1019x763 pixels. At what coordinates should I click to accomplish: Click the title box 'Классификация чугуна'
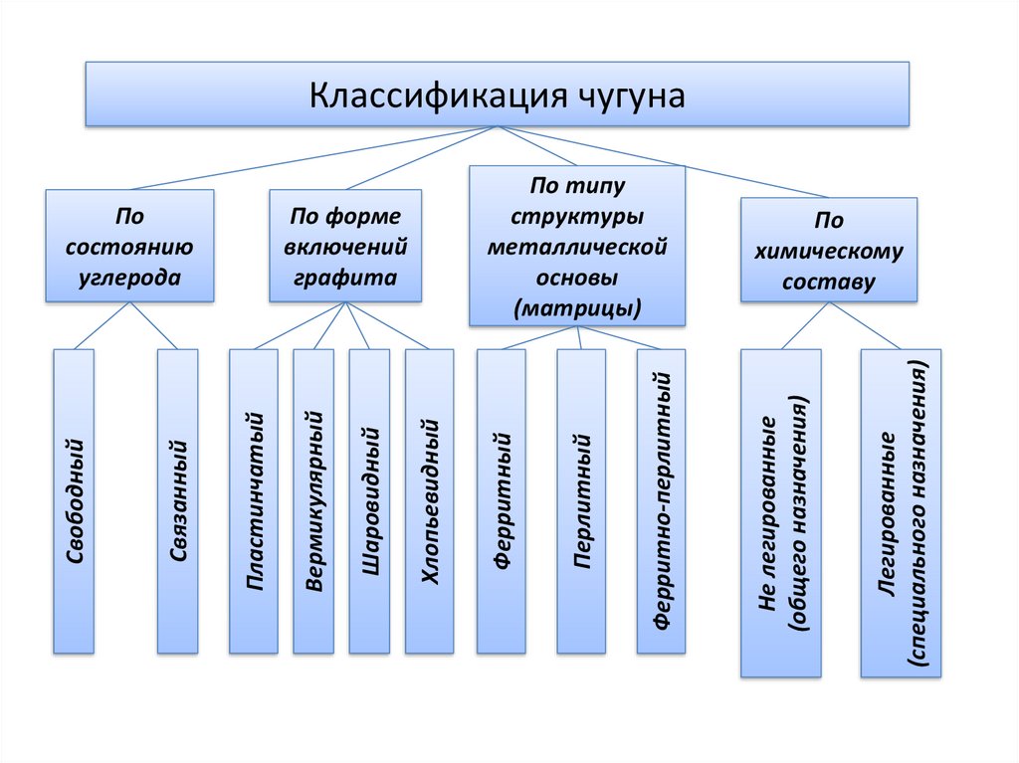tap(497, 95)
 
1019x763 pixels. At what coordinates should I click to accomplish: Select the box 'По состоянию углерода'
tap(129, 246)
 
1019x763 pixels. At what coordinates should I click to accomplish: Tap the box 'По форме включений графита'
tap(345, 246)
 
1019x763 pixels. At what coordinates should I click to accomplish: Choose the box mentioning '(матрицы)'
tap(577, 246)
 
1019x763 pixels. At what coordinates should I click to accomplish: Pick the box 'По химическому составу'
tap(829, 249)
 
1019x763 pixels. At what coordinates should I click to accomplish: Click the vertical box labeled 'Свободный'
tap(74, 500)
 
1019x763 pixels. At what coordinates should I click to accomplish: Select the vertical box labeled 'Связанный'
tap(177, 500)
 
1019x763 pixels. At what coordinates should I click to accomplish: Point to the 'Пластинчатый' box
tap(254, 500)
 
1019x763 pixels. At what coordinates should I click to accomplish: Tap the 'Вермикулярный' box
tap(315, 500)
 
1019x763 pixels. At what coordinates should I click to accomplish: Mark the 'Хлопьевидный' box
tap(429, 500)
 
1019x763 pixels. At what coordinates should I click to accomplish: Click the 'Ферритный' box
tap(502, 500)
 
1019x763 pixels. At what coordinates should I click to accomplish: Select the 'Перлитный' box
tap(581, 500)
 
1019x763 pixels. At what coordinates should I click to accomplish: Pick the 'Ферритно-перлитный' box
tap(662, 500)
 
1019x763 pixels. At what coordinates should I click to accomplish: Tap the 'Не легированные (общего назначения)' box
tap(781, 512)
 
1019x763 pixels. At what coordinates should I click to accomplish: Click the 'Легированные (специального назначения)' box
tap(902, 512)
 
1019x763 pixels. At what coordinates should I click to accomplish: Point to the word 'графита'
tap(345, 278)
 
